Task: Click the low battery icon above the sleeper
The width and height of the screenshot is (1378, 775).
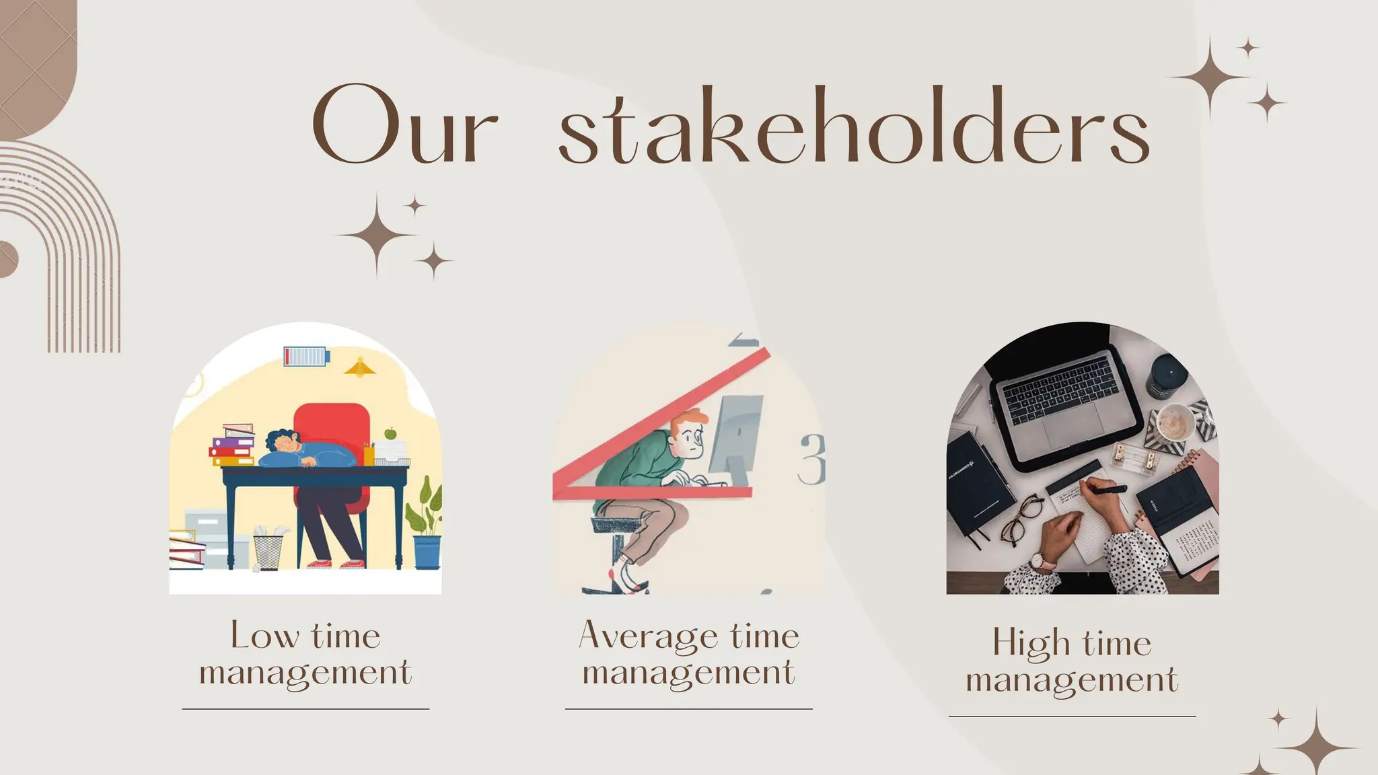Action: click(x=306, y=356)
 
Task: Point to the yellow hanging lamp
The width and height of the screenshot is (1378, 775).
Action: click(x=360, y=367)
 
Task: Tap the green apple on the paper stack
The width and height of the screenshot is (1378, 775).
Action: click(x=390, y=433)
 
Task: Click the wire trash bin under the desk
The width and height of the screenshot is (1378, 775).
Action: click(x=268, y=550)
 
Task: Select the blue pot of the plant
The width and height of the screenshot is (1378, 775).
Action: click(x=427, y=552)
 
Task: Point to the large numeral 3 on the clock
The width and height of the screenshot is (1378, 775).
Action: click(x=812, y=459)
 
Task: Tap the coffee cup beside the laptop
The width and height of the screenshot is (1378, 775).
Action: click(x=1175, y=422)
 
